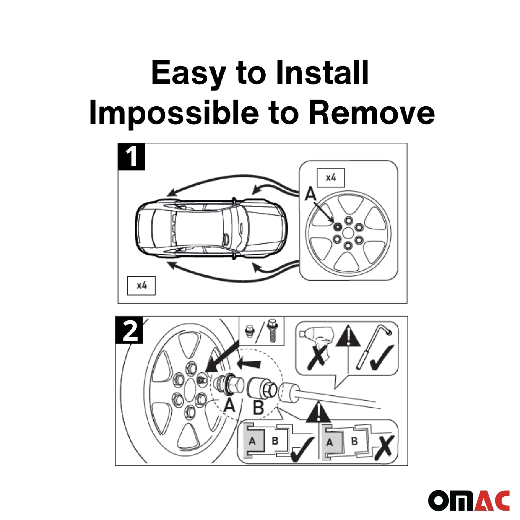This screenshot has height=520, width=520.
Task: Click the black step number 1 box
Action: [131, 157]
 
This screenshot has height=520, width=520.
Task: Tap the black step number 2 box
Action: [129, 330]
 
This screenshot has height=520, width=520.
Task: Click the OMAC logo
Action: [469, 500]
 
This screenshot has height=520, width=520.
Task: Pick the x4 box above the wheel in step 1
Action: [331, 178]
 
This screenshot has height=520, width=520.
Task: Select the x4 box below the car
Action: [141, 286]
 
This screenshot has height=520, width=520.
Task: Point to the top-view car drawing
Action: [211, 229]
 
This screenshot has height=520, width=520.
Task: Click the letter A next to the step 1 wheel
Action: [311, 194]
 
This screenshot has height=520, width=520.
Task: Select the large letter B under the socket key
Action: [258, 408]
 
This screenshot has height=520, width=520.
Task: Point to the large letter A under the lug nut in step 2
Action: [229, 405]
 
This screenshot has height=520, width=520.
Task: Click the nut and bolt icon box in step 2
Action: [262, 331]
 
